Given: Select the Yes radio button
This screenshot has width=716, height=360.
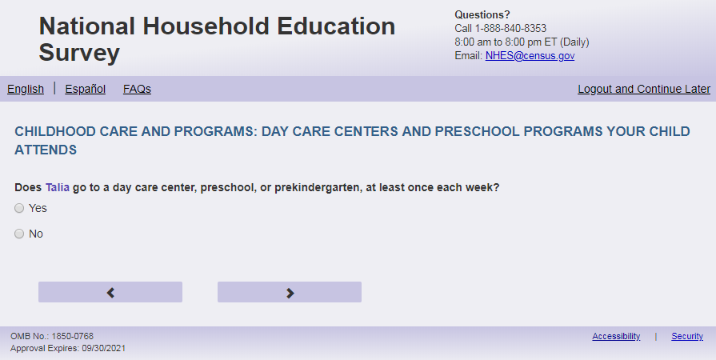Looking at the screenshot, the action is [19, 208].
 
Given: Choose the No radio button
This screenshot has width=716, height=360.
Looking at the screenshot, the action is [19, 234].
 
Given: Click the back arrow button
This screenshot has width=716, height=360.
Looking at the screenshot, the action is [110, 292].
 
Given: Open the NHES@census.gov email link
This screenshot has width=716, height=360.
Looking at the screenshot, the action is [530, 56].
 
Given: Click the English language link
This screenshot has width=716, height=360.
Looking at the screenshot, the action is [26, 89].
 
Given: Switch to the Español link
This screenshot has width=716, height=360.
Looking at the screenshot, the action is [86, 89].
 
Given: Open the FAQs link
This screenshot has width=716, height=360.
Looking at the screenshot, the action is [137, 89].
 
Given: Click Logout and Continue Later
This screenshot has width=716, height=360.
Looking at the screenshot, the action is [644, 89].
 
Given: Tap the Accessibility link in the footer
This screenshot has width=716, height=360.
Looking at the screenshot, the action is [616, 336].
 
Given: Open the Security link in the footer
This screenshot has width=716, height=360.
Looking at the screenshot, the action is [686, 336].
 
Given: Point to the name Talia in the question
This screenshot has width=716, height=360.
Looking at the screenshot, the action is [58, 188].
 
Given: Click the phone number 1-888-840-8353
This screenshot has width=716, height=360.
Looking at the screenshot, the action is [510, 28].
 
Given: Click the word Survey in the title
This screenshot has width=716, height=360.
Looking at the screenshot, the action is [79, 53].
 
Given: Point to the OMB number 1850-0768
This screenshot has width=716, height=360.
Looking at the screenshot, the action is [72, 336].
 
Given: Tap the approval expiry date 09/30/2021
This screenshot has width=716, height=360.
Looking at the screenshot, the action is [104, 348].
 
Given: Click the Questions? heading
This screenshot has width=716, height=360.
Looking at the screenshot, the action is [482, 14].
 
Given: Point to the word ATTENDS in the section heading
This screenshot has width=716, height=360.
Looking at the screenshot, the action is [46, 150].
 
